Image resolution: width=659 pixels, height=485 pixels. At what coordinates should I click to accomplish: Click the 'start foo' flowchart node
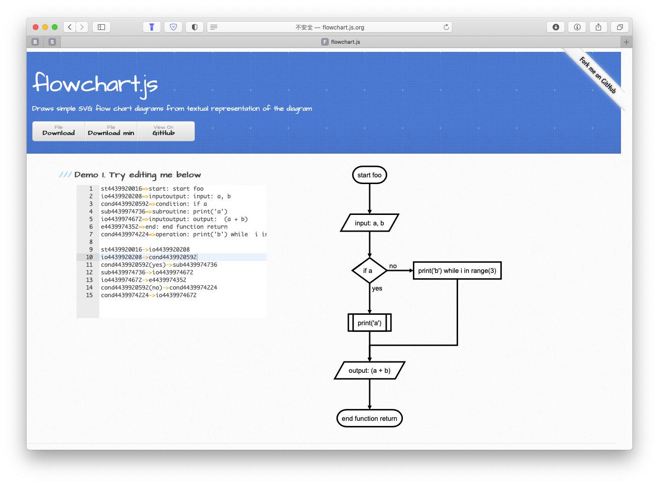[x=369, y=175]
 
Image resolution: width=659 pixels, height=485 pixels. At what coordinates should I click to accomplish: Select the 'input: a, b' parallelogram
[x=369, y=223]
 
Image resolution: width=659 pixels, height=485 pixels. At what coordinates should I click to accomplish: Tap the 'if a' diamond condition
[x=369, y=271]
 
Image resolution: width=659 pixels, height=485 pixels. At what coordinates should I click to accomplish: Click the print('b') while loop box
[x=457, y=271]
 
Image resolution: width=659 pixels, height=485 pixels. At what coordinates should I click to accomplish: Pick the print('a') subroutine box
[x=369, y=323]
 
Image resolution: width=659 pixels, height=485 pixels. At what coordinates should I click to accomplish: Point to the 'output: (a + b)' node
[x=369, y=370]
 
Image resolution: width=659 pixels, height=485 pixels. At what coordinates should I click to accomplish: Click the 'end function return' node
[x=369, y=418]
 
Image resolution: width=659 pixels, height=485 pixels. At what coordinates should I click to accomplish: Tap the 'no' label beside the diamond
[x=393, y=266]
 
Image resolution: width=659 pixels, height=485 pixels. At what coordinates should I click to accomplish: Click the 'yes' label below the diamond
[x=377, y=288]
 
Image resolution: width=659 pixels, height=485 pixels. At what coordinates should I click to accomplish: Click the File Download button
[x=58, y=131]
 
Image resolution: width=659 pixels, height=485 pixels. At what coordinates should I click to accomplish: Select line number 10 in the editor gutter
[x=89, y=257]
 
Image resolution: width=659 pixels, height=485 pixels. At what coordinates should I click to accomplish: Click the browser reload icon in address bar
[x=446, y=27]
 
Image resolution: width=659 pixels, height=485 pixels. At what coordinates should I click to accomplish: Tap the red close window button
[x=36, y=27]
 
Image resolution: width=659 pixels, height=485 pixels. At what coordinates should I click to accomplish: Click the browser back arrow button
[x=70, y=27]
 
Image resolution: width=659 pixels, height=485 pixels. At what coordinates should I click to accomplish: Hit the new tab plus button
[x=626, y=42]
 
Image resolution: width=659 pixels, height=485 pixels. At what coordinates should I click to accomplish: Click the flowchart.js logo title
[x=96, y=84]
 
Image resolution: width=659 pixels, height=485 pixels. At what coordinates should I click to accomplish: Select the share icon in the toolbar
[x=598, y=27]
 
